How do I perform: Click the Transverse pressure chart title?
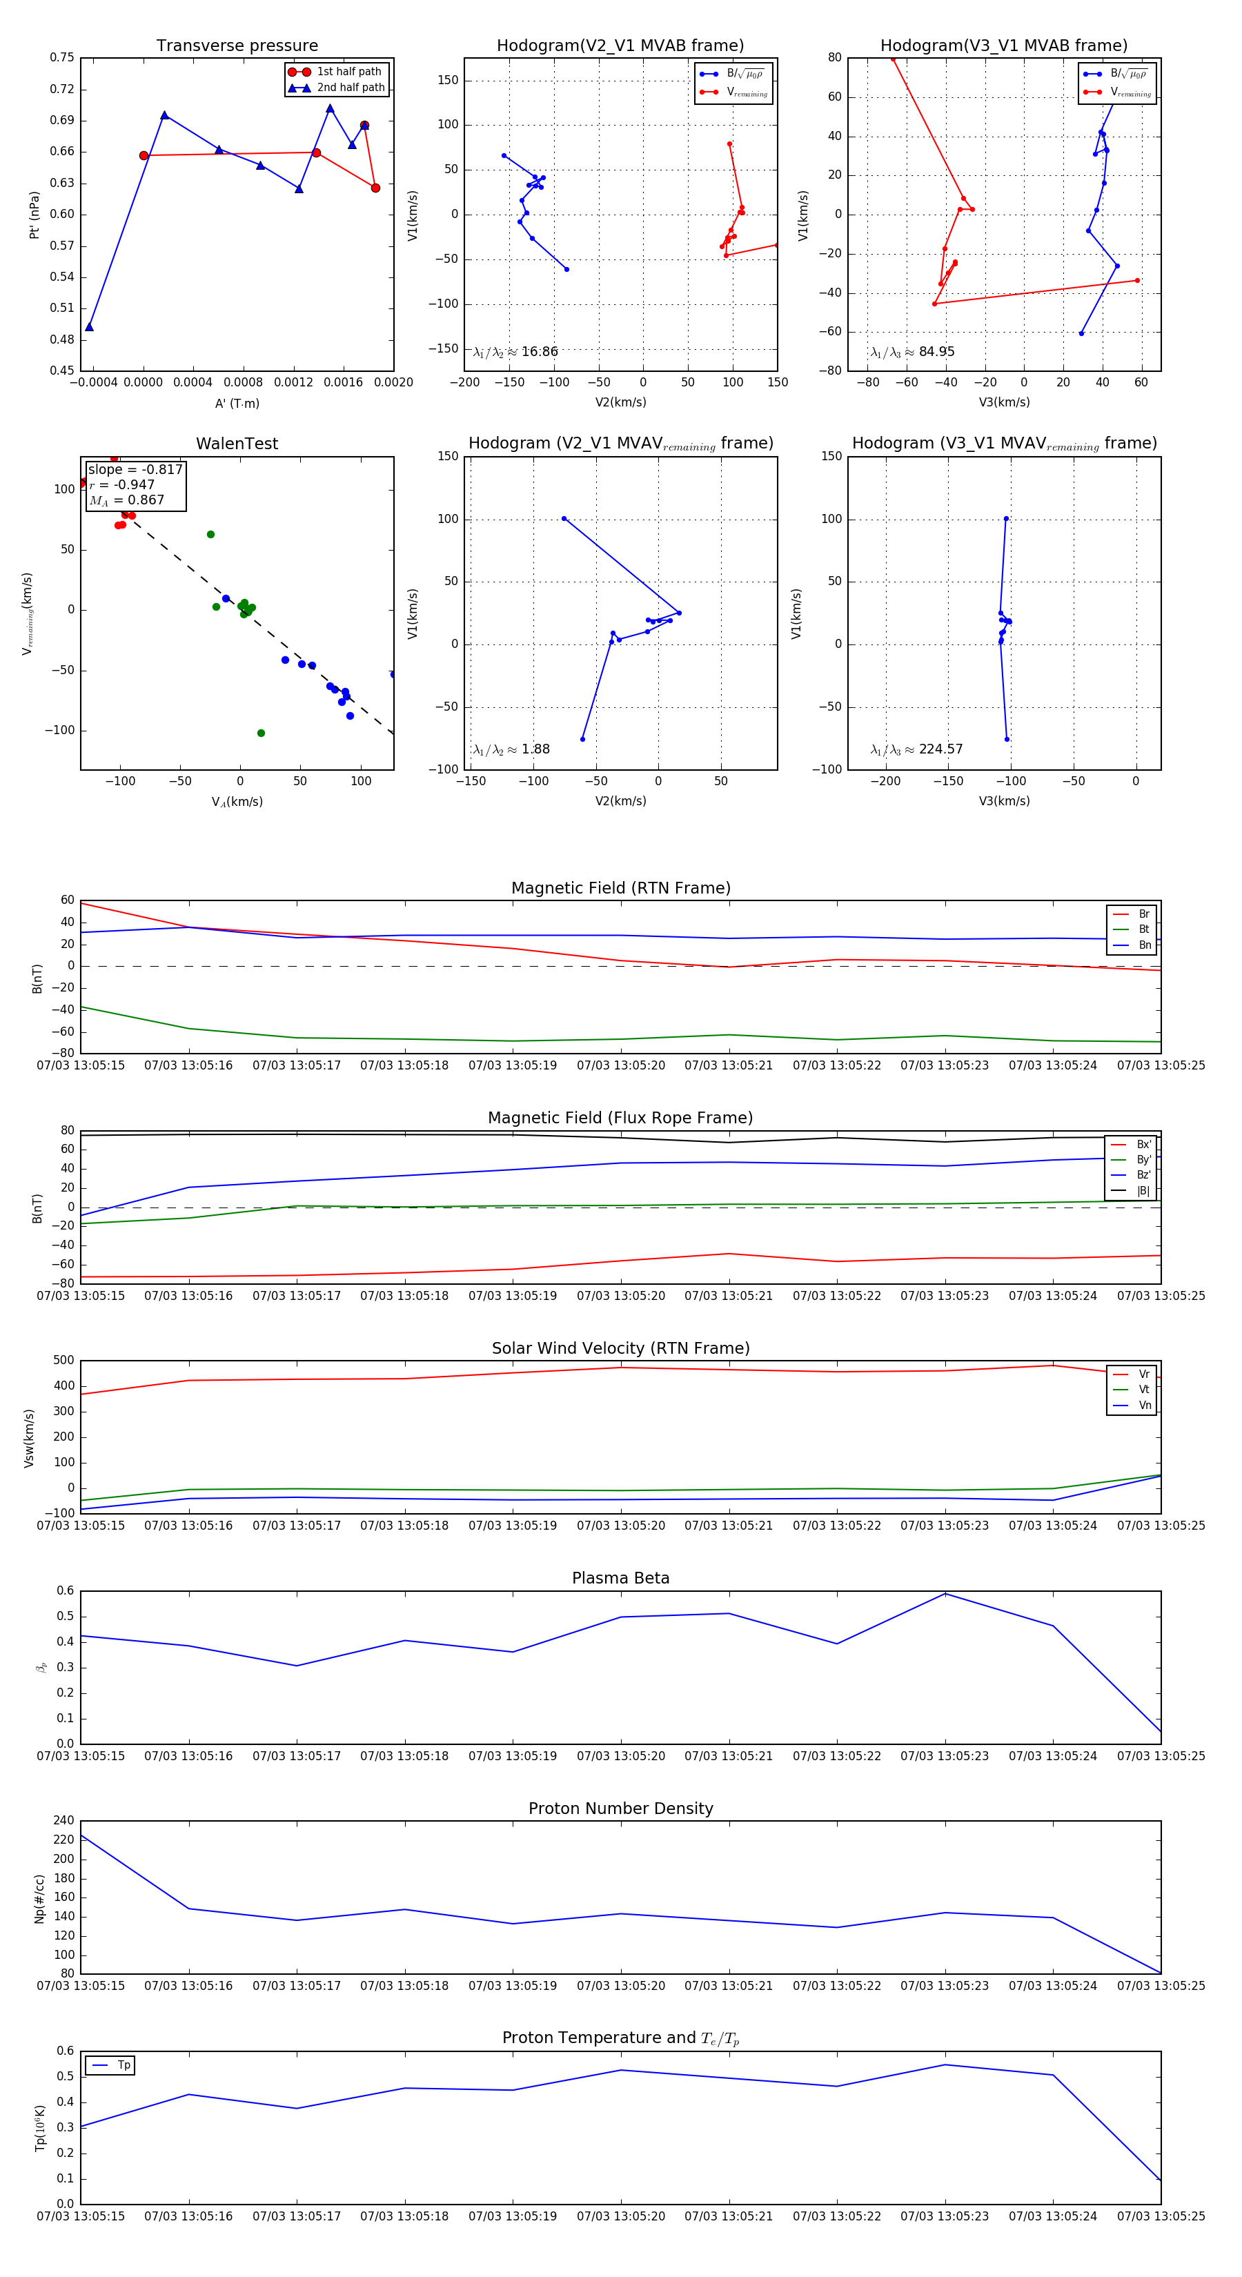pyautogui.click(x=237, y=46)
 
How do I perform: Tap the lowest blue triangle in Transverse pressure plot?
pyautogui.click(x=89, y=327)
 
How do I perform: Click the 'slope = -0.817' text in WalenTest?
pyautogui.click(x=135, y=469)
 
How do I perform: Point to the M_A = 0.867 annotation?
pyautogui.click(x=126, y=500)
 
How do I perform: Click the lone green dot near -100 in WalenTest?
pyautogui.click(x=261, y=733)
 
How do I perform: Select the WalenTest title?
pyautogui.click(x=237, y=444)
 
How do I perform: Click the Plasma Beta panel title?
pyautogui.click(x=620, y=1579)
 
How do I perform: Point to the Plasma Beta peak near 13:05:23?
pyautogui.click(x=945, y=1594)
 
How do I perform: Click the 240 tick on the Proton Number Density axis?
pyautogui.click(x=63, y=1820)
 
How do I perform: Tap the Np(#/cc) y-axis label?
pyautogui.click(x=39, y=1899)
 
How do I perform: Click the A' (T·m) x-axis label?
pyautogui.click(x=237, y=403)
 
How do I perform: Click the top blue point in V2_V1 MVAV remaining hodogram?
pyautogui.click(x=564, y=519)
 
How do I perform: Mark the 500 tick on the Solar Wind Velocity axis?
pyautogui.click(x=63, y=1361)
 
